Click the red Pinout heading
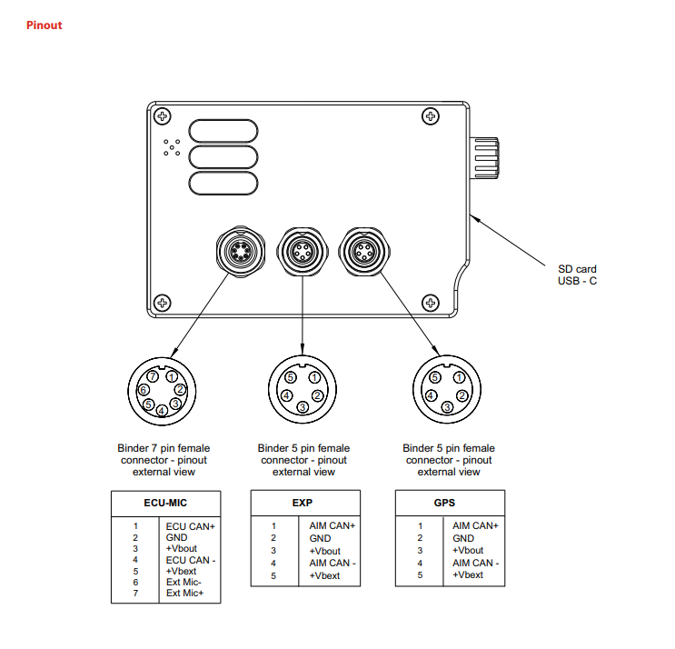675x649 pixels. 45,25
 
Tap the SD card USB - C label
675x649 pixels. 578,275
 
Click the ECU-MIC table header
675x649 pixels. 165,502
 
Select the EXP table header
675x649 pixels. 303,502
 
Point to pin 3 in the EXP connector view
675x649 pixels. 301,408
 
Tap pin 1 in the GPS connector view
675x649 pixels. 460,378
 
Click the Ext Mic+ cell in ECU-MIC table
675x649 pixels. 185,594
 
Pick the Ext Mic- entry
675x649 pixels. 184,582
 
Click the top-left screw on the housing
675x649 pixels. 162,116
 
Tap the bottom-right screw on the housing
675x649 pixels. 430,302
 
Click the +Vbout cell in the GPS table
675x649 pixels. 468,551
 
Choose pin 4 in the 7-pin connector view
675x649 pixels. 162,410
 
